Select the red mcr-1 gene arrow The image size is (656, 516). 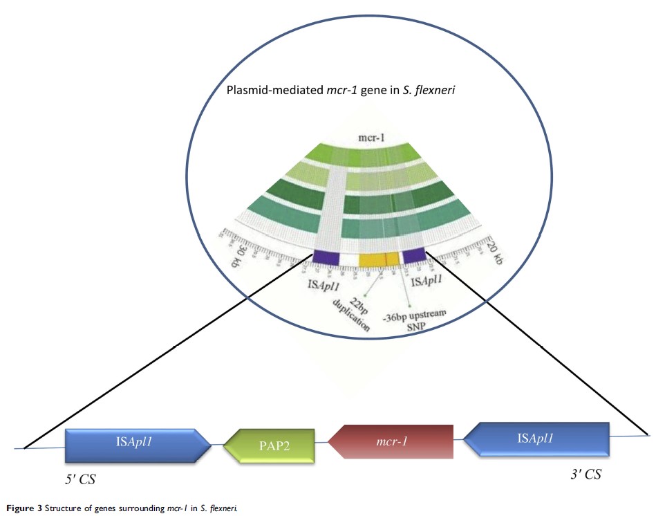(x=391, y=441)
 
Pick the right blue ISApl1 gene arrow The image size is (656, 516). (x=536, y=439)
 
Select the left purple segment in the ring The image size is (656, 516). (x=326, y=257)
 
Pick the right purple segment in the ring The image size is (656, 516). (x=413, y=256)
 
